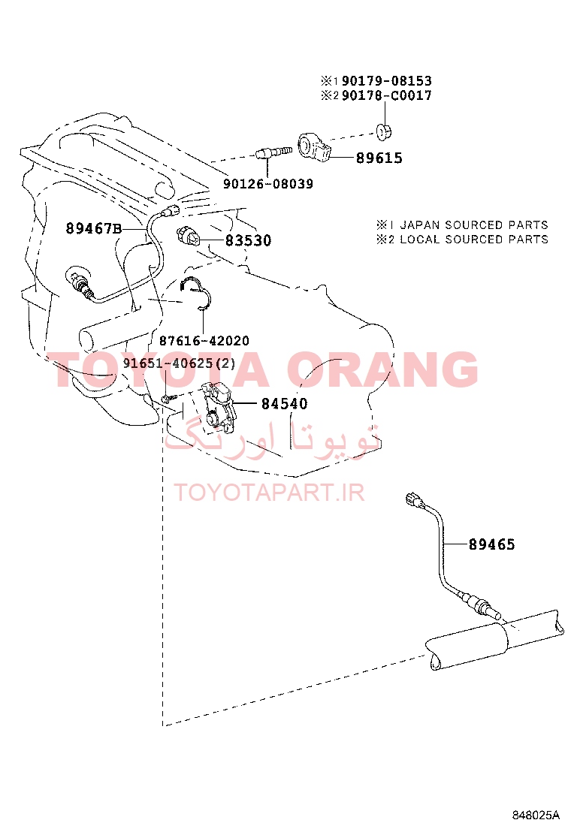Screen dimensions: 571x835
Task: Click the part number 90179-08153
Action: [386, 81]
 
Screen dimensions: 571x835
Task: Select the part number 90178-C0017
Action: [386, 95]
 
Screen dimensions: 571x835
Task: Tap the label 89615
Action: [379, 158]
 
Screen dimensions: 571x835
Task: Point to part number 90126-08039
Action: [268, 184]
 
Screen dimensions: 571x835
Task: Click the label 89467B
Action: [94, 228]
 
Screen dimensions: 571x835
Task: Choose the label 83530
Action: [248, 241]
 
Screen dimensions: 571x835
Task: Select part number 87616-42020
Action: [204, 341]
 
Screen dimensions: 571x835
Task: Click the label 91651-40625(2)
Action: [179, 363]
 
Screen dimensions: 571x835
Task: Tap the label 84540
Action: [285, 404]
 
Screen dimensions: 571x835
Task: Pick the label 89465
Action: [491, 544]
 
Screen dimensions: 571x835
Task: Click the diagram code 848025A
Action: [536, 815]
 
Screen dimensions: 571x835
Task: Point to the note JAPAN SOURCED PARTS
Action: [474, 225]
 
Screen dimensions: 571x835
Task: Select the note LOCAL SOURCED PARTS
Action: [474, 239]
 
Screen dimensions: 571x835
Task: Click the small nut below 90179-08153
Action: [383, 131]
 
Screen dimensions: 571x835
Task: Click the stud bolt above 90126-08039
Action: [273, 154]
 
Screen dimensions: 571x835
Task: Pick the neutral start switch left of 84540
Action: [219, 405]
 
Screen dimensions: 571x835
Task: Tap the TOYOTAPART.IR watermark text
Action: [269, 493]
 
